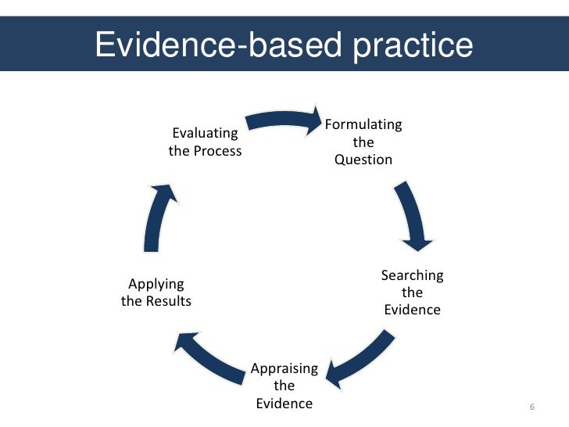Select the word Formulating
click(363, 125)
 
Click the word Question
click(363, 160)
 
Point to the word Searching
click(412, 275)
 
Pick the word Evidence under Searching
click(412, 310)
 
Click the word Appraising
click(284, 368)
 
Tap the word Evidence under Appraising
click(284, 404)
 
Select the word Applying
click(156, 284)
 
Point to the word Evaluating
click(205, 133)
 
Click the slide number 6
click(532, 408)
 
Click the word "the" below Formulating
click(363, 143)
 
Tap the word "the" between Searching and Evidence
click(412, 292)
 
